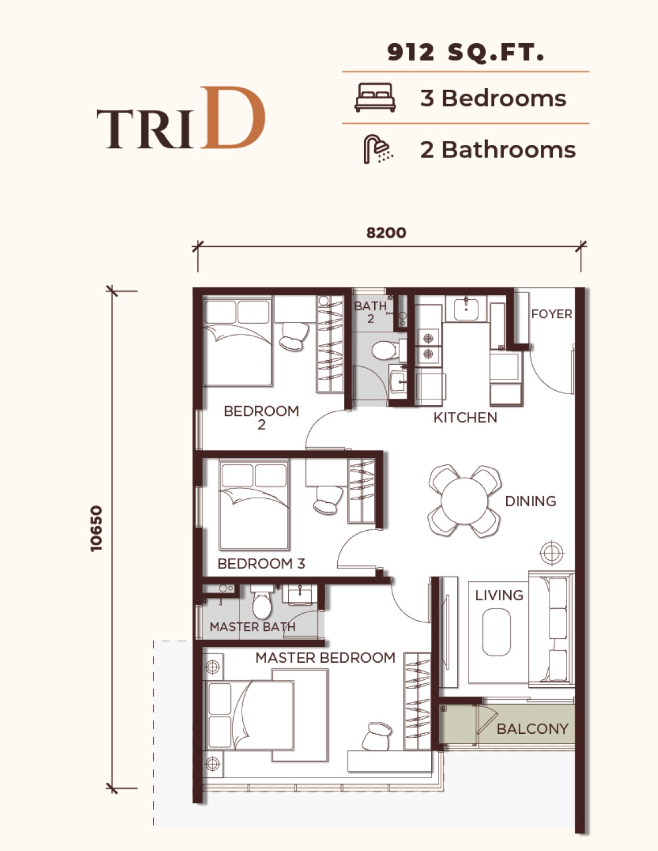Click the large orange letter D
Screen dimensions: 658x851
(233, 118)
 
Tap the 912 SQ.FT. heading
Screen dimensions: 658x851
(465, 52)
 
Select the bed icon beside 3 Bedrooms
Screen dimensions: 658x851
(375, 97)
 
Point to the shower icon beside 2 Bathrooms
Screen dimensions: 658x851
(378, 149)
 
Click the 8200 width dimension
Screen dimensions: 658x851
(386, 233)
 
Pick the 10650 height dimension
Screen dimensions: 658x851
(96, 529)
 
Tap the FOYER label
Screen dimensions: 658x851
(552, 313)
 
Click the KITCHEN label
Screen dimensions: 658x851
(465, 418)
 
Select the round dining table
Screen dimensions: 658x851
(465, 501)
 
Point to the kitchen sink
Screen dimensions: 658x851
(466, 308)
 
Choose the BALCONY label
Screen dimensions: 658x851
(532, 729)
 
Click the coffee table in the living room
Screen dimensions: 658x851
(496, 631)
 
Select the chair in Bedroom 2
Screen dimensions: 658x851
(294, 336)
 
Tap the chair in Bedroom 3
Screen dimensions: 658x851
(328, 499)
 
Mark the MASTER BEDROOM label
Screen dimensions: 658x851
(325, 658)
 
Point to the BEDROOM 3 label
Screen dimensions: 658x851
(261, 564)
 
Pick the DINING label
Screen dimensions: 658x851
(531, 501)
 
